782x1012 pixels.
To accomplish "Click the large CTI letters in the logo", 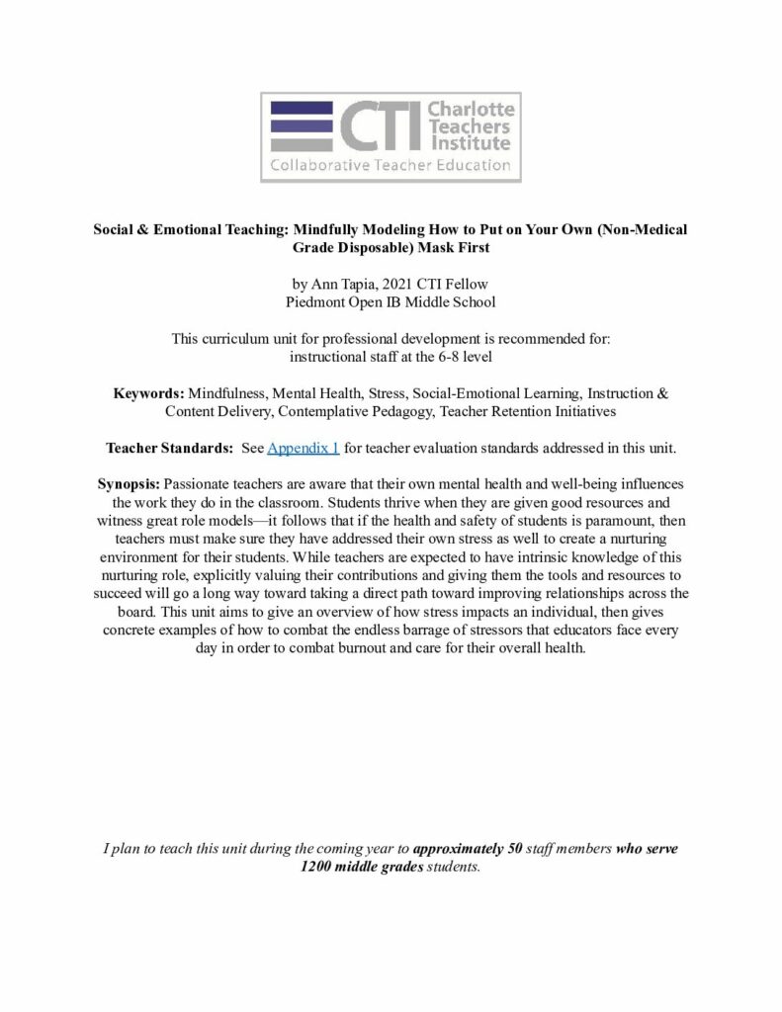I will [380, 126].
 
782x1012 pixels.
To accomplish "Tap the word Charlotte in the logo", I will [471, 108].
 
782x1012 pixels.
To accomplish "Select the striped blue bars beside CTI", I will [301, 126].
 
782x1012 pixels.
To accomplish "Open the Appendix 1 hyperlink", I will [304, 448].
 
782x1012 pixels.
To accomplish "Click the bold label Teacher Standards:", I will [169, 448].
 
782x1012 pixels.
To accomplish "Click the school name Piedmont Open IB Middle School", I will [390, 301].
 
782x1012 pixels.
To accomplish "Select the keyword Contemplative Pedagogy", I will [325, 411].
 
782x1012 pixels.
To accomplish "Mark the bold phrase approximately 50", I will [475, 849].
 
